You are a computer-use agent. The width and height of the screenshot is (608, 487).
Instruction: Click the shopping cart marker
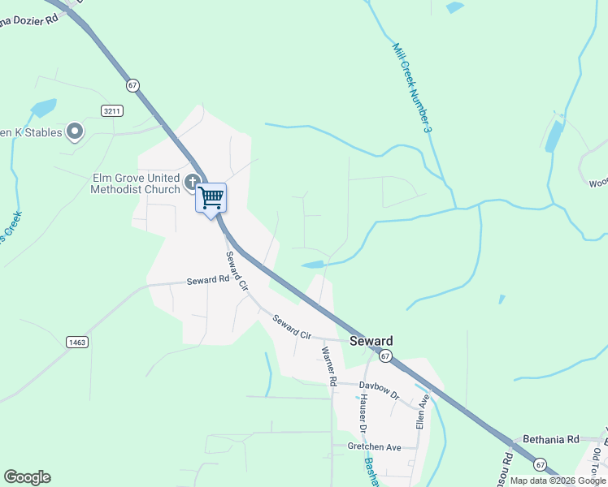pos(211,197)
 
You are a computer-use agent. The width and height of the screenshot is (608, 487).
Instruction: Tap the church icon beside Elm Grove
pos(193,182)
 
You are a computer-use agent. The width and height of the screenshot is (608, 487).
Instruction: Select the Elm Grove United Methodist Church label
pos(135,183)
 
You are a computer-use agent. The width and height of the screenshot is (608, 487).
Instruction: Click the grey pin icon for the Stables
pos(75,130)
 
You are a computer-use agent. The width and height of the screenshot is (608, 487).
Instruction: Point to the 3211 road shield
pos(112,110)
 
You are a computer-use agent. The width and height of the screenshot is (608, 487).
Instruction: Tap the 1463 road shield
pos(77,343)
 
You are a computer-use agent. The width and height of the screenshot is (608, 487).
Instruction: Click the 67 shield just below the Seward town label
pos(385,356)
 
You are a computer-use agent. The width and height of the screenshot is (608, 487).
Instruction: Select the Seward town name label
pos(371,342)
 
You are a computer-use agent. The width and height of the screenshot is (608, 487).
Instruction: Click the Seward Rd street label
pos(208,280)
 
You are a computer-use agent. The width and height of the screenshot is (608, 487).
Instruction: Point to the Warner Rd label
pos(329,365)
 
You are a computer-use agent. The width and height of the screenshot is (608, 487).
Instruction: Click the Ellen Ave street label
pos(421,412)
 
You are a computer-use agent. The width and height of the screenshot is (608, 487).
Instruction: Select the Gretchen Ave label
pos(375,447)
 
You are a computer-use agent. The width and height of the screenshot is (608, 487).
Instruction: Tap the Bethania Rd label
pos(550,439)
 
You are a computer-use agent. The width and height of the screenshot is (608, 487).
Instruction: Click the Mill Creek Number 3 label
pos(411,88)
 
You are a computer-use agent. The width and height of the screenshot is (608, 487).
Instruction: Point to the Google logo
pos(27,477)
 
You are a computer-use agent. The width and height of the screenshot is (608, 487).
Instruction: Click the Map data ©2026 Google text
pos(558,481)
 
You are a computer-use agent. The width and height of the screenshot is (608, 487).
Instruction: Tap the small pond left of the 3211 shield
pos(43,107)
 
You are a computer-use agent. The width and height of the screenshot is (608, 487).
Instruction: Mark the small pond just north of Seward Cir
pos(313,264)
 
